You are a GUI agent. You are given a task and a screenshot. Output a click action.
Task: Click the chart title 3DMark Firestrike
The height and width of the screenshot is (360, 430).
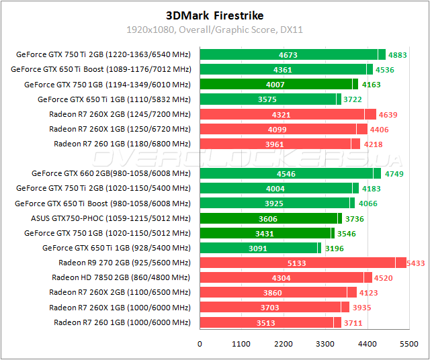(x=214, y=15)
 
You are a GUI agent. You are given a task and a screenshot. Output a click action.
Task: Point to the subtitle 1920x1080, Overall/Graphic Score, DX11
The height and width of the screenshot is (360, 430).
(x=214, y=30)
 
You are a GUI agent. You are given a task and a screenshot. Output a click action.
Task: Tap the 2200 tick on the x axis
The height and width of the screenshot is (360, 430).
(x=283, y=344)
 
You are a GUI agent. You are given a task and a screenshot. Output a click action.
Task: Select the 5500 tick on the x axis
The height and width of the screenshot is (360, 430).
(x=408, y=344)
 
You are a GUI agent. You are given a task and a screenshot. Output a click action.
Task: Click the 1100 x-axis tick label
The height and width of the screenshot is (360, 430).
(x=241, y=344)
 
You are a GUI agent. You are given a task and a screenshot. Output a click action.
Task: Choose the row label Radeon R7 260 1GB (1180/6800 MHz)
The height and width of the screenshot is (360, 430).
(x=122, y=144)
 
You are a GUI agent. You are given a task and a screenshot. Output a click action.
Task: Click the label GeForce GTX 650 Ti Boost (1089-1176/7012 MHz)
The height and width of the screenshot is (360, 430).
(x=101, y=70)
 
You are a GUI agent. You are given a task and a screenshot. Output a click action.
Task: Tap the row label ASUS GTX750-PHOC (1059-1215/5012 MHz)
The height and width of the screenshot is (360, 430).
(x=110, y=218)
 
